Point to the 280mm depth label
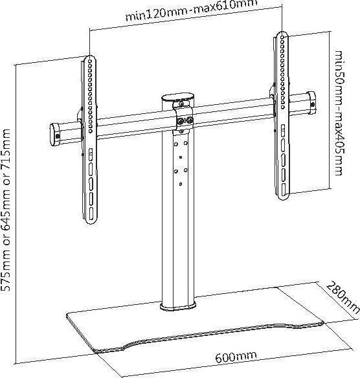[x=342, y=297]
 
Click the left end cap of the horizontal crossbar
[x=54, y=134]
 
